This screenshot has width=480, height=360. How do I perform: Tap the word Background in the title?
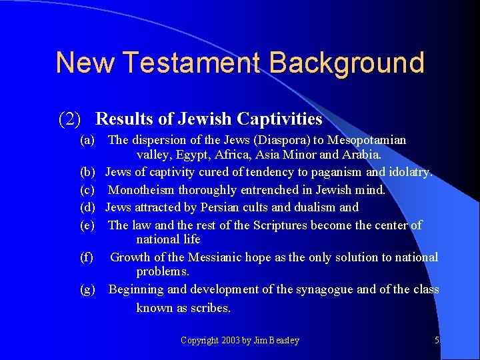point(347,63)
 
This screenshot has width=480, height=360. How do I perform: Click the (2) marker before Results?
point(70,119)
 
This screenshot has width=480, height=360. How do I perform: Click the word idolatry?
point(409,172)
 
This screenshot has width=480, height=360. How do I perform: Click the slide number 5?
point(437,340)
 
